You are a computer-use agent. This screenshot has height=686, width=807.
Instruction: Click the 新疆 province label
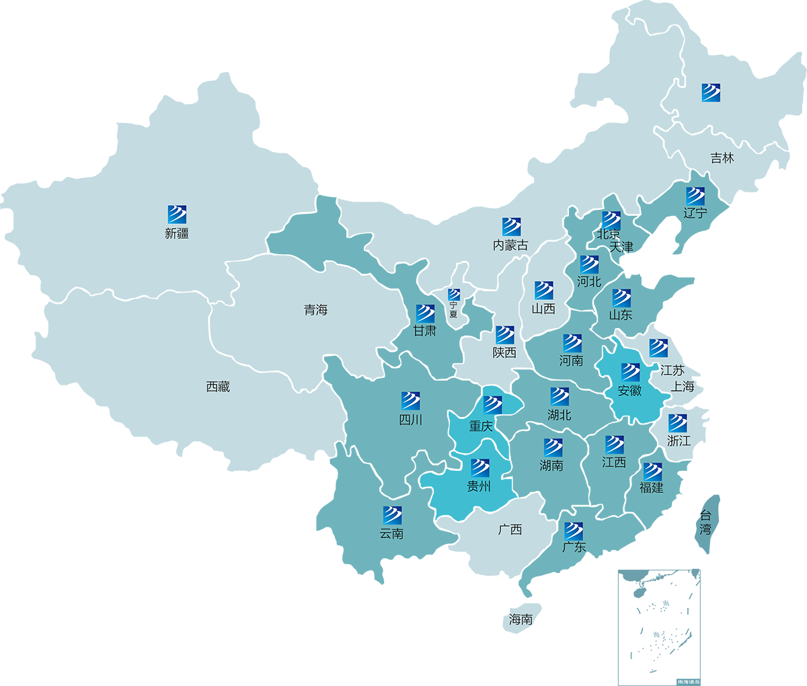click(177, 233)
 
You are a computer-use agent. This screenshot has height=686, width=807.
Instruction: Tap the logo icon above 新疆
click(177, 215)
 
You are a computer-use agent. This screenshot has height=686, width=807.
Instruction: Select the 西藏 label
click(218, 387)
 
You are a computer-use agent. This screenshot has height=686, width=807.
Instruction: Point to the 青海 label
click(315, 310)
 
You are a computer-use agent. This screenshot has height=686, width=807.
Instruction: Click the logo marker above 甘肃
click(425, 313)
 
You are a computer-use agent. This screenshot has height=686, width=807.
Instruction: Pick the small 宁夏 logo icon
click(454, 295)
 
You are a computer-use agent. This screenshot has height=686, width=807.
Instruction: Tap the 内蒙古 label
click(510, 245)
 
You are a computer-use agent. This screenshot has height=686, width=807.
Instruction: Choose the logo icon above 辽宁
click(695, 196)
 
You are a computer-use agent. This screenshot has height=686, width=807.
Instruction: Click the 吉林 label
click(722, 158)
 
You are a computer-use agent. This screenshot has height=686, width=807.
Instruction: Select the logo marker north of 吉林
click(711, 93)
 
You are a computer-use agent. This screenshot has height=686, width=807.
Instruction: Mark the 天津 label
click(621, 247)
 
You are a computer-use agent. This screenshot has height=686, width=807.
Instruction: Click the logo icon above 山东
click(621, 298)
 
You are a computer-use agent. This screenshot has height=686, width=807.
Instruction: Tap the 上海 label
click(683, 387)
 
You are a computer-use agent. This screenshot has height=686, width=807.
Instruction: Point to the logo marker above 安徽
click(630, 372)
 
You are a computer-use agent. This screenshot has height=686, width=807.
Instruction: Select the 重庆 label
click(481, 426)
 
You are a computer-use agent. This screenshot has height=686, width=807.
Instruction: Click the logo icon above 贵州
click(480, 467)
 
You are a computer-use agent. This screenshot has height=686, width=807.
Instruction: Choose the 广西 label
click(510, 530)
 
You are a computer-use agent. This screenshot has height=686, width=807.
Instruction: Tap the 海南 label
click(521, 619)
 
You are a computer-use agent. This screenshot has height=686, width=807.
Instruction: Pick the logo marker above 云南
click(392, 515)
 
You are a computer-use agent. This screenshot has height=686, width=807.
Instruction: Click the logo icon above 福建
click(652, 471)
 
